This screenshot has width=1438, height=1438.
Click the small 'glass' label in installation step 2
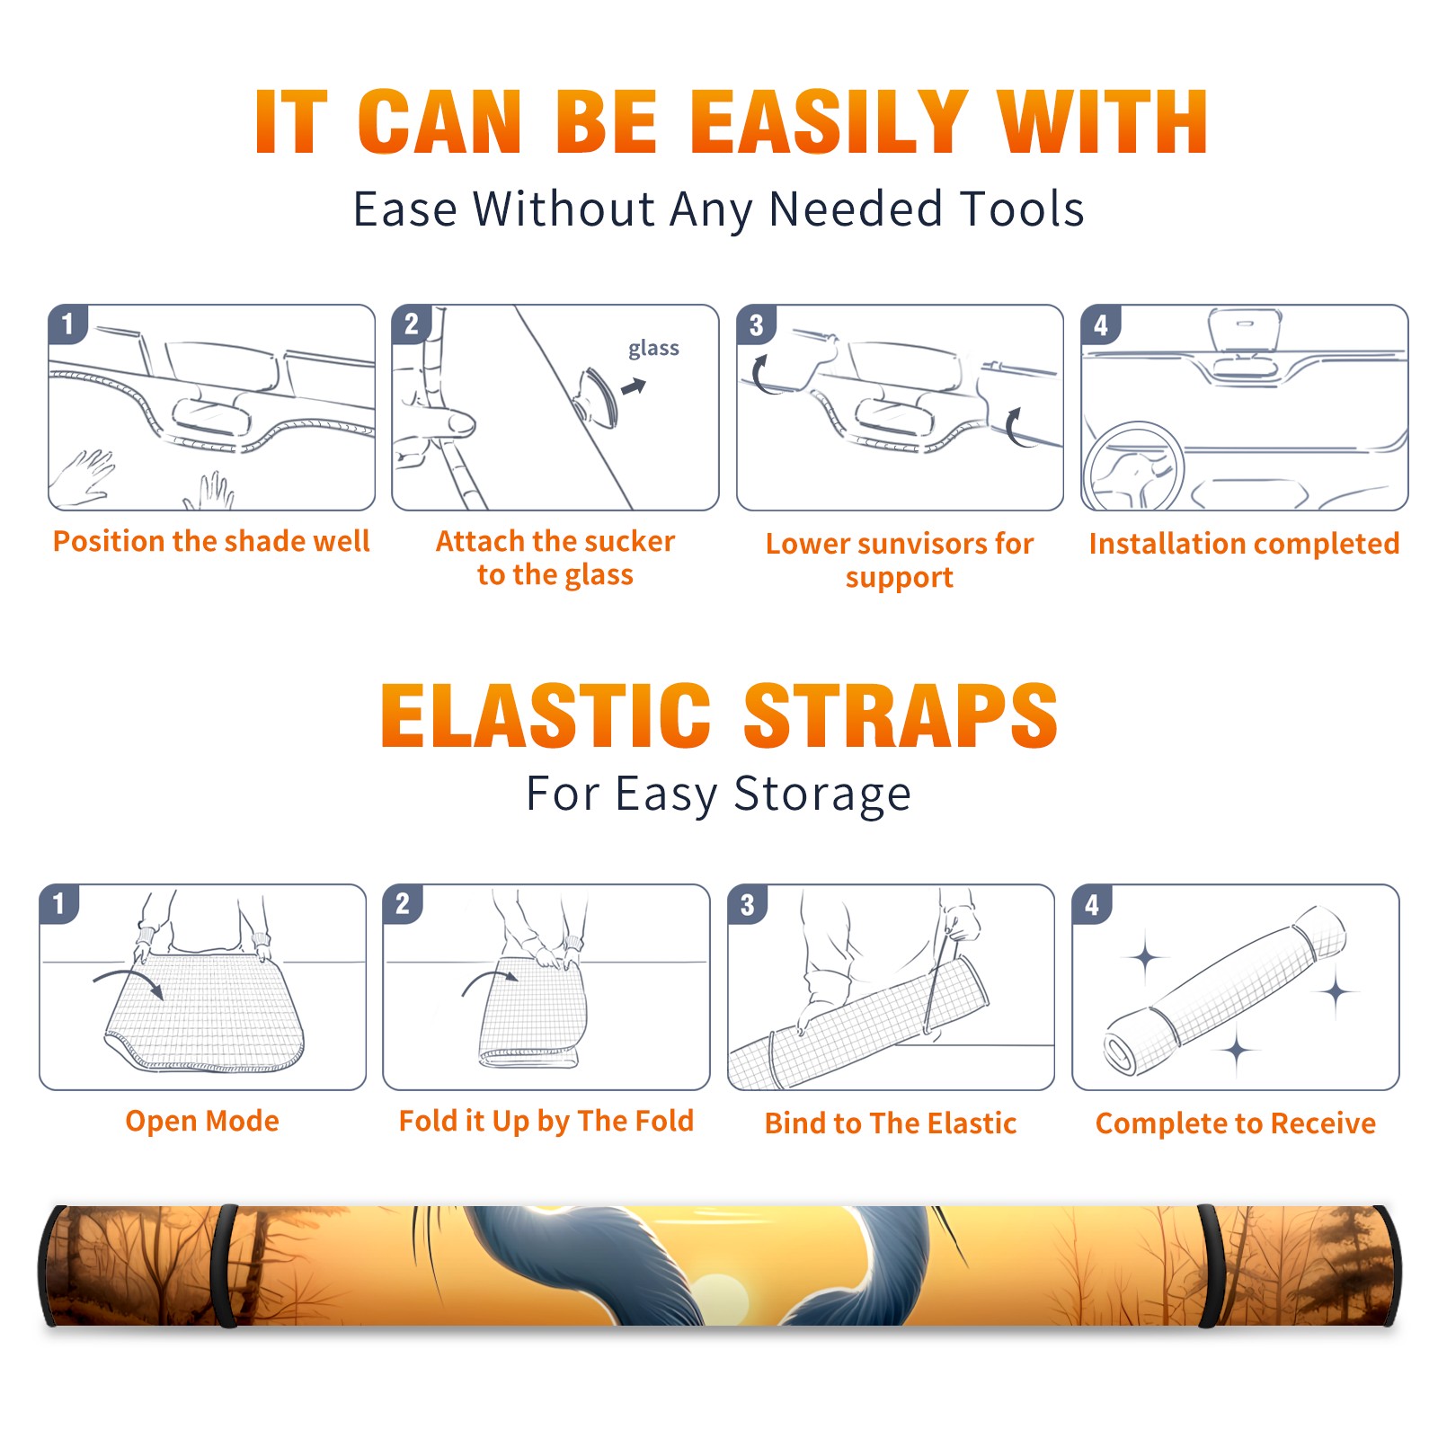click(653, 349)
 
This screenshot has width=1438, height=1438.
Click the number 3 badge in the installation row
click(757, 325)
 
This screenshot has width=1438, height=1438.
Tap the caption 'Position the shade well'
click(211, 541)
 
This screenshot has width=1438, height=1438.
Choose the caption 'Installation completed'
click(1244, 543)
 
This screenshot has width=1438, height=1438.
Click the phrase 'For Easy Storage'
click(718, 794)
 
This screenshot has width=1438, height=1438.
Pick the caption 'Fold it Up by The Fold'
click(546, 1121)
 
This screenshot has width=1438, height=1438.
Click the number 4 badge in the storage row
click(1092, 904)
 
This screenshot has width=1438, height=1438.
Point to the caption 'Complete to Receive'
click(1236, 1123)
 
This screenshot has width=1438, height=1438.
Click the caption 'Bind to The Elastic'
click(891, 1123)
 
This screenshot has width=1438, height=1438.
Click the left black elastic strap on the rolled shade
click(226, 1265)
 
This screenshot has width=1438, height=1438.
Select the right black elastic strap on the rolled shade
click(1210, 1265)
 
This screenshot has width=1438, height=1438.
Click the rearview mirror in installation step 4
click(1245, 329)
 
